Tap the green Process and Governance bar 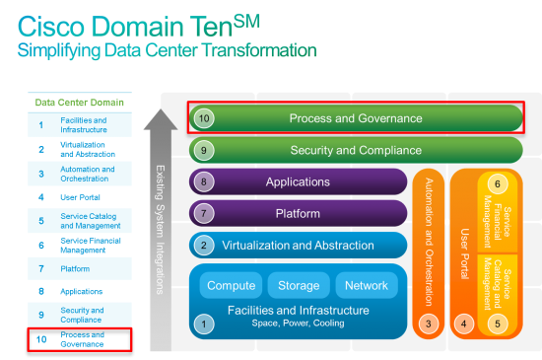[356, 118]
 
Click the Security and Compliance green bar [356, 151]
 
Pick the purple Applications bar [297, 182]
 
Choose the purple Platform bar [297, 213]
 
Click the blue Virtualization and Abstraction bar [297, 246]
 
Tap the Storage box [298, 286]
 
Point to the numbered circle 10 [204, 118]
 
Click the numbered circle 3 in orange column [428, 322]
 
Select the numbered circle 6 [498, 184]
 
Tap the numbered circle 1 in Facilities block [204, 322]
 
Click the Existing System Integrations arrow [159, 227]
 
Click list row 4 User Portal [80, 196]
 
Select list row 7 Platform [80, 267]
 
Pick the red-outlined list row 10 [80, 339]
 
